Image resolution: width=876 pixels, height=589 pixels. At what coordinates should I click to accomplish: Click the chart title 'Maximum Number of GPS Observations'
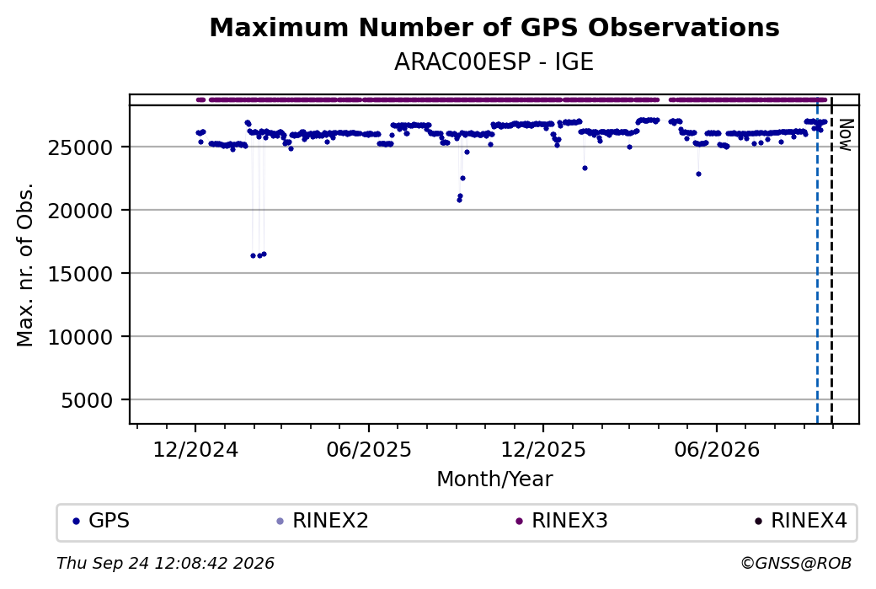494,27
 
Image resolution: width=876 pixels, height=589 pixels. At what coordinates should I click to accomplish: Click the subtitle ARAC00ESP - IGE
494,62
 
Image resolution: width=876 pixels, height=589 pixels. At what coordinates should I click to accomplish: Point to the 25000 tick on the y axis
81,147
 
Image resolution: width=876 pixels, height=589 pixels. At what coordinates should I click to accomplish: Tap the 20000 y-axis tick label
81,211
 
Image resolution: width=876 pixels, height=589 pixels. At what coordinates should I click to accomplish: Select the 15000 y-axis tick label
81,274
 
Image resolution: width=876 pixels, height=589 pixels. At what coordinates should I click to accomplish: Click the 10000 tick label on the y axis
81,337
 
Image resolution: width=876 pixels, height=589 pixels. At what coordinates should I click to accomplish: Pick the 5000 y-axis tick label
87,400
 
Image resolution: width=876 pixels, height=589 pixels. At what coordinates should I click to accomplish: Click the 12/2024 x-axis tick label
195,449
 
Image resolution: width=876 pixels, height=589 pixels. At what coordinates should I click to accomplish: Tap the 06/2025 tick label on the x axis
369,449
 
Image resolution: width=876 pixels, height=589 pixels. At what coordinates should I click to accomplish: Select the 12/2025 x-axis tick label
543,449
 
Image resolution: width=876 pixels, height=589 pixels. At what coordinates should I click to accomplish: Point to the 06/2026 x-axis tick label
717,449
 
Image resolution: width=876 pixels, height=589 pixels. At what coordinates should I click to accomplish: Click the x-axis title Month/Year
494,479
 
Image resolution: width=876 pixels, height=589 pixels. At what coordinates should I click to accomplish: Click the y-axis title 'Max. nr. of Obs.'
25,265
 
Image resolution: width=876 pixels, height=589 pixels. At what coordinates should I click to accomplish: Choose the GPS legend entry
101,521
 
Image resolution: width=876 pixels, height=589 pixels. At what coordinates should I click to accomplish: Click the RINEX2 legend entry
323,521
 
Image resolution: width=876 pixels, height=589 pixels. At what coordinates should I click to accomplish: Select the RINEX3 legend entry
562,521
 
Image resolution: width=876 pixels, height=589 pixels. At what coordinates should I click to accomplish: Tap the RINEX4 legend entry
801,521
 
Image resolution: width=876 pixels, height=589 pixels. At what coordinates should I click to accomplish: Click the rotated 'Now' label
846,135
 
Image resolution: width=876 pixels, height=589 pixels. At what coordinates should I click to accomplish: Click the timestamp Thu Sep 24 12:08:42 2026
165,563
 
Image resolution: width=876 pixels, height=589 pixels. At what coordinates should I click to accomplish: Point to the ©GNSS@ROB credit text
796,563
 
